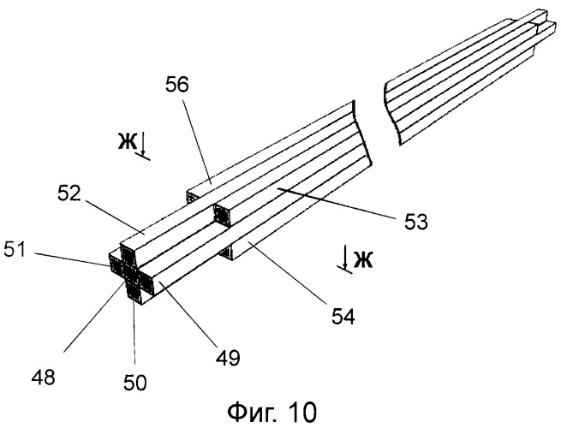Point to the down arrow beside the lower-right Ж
click(x=345, y=258)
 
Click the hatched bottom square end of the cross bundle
click(x=134, y=293)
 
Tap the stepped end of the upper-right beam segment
click(x=540, y=24)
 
